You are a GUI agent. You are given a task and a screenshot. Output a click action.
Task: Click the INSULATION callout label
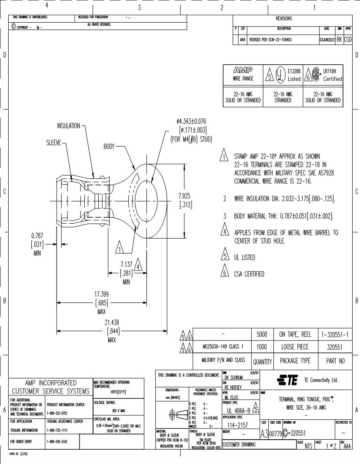[x=69, y=126]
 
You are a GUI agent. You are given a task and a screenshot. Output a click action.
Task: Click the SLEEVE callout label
[x=54, y=143]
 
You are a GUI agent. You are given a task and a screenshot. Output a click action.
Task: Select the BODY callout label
[x=109, y=146]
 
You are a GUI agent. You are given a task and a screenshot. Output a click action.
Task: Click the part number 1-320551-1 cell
[x=335, y=335]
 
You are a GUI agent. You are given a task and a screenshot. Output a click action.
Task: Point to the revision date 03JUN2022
[x=327, y=40]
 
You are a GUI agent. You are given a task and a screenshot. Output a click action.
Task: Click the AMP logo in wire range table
[x=242, y=71]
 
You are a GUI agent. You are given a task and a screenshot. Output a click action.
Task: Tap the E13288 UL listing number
[x=294, y=71]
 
